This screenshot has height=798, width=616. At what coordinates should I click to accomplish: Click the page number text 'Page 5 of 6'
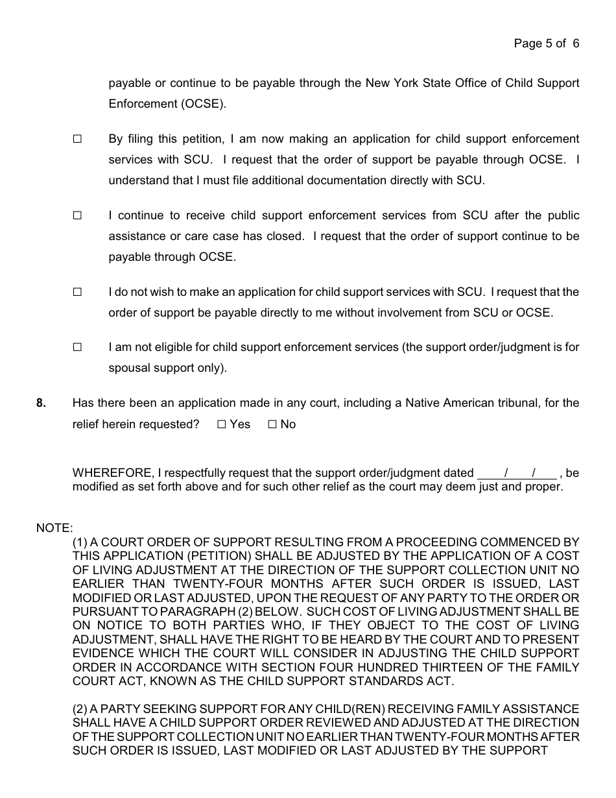point(546,43)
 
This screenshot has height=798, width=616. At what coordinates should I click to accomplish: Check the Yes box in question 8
point(222,424)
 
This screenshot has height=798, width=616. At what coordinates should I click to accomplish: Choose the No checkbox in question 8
point(272,424)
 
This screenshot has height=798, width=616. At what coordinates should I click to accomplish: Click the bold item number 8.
point(41,403)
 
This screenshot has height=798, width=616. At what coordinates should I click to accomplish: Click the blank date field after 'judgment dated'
point(517,473)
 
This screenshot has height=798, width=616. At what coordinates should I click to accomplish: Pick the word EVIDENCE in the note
point(103,653)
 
